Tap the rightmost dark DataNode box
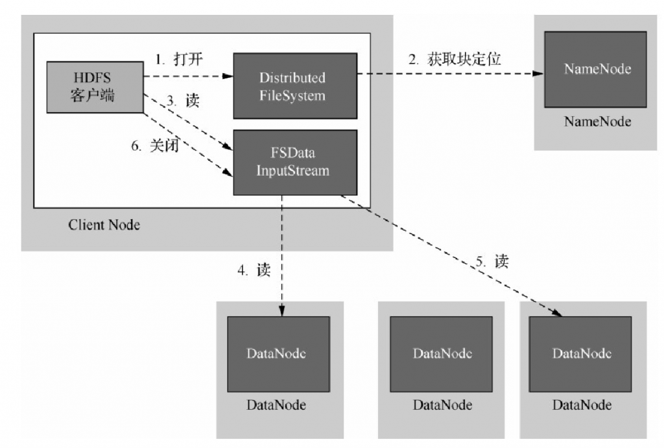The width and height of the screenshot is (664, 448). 581,353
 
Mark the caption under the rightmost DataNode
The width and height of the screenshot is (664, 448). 581,405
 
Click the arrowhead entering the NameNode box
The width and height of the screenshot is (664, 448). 539,73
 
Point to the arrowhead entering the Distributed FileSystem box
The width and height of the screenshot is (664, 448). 228,77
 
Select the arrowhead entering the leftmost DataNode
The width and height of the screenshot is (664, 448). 282,312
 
